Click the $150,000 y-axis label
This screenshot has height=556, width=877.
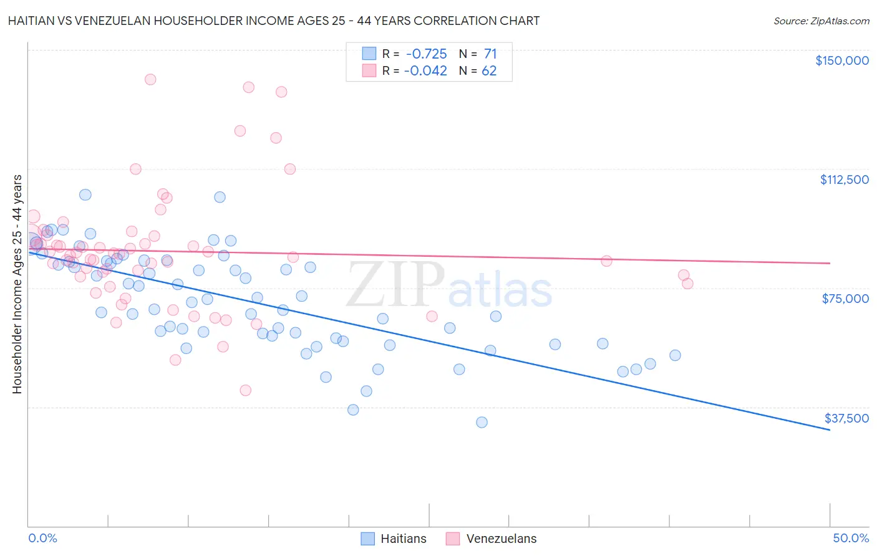pyautogui.click(x=842, y=60)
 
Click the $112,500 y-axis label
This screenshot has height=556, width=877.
pyautogui.click(x=844, y=180)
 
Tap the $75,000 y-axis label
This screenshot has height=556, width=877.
pyautogui.click(x=845, y=299)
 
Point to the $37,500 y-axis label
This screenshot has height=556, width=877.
pyautogui.click(x=846, y=418)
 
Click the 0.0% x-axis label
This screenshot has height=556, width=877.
pyautogui.click(x=42, y=538)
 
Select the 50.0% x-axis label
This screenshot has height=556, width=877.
pyautogui.click(x=851, y=538)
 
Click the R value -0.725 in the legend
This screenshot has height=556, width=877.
pyautogui.click(x=425, y=54)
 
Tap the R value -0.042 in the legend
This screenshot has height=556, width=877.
pyautogui.click(x=425, y=71)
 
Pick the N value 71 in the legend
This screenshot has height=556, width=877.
pyautogui.click(x=490, y=54)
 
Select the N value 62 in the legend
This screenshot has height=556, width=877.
pyautogui.click(x=489, y=71)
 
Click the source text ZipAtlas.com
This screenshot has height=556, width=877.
pyautogui.click(x=840, y=21)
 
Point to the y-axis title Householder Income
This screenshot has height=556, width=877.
pyautogui.click(x=17, y=284)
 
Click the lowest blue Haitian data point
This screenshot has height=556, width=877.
pyautogui.click(x=482, y=422)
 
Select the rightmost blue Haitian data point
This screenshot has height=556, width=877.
pyautogui.click(x=675, y=355)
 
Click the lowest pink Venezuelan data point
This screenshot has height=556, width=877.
pyautogui.click(x=246, y=390)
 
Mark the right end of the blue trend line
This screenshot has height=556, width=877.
pyautogui.click(x=830, y=430)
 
